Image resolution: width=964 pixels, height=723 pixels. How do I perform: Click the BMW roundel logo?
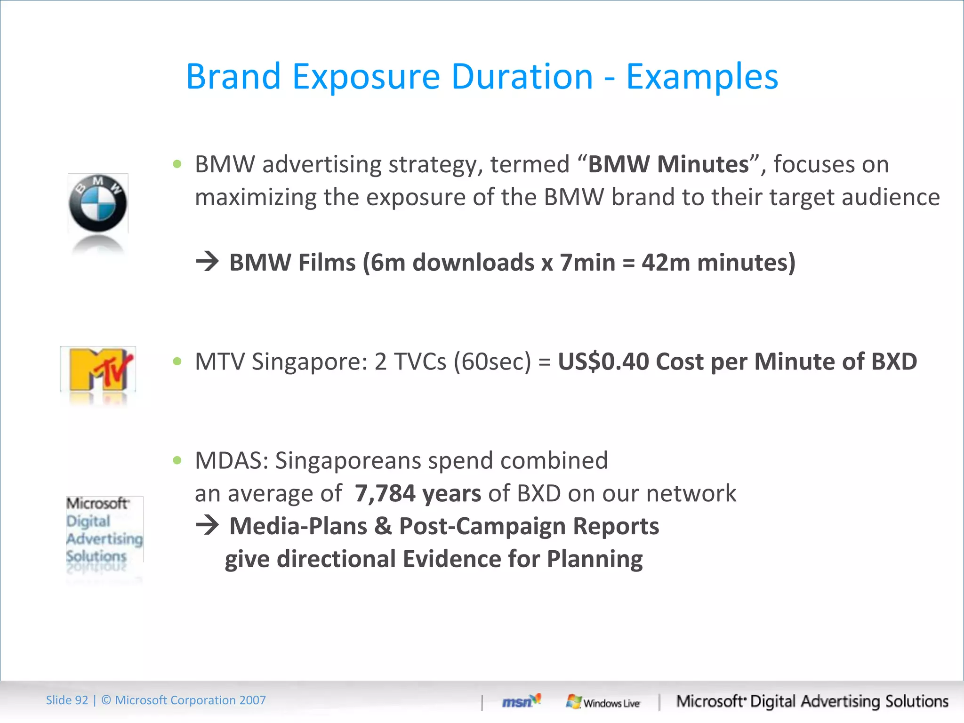(x=98, y=203)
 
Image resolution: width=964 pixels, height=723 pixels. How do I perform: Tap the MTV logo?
(x=98, y=370)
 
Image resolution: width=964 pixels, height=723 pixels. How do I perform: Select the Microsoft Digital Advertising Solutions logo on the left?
(x=104, y=530)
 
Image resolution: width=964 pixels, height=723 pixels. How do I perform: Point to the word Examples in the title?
(x=702, y=77)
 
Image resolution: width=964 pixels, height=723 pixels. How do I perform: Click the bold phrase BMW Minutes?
(x=668, y=164)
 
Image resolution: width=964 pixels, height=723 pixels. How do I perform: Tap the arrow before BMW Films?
(x=208, y=262)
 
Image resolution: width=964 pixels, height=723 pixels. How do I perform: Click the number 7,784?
(x=385, y=493)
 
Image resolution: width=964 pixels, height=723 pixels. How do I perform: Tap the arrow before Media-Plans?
(x=208, y=525)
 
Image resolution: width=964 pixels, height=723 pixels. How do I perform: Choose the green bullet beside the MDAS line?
(x=177, y=460)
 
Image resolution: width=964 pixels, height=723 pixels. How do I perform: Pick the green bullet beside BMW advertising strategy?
(x=177, y=164)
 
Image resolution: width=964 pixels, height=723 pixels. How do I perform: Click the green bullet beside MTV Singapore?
(x=177, y=361)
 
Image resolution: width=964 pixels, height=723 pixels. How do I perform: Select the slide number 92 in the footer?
(x=81, y=700)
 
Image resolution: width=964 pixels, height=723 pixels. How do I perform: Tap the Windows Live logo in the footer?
(x=603, y=702)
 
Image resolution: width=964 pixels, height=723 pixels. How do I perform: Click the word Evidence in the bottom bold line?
(x=452, y=559)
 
